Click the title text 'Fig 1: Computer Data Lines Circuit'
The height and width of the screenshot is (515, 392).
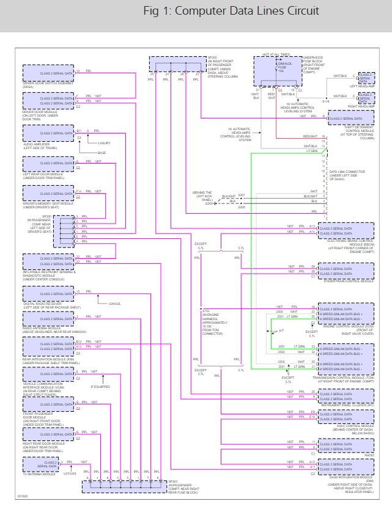click(x=231, y=12)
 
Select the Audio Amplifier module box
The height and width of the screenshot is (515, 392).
click(x=49, y=133)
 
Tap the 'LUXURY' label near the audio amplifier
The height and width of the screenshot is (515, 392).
click(x=105, y=143)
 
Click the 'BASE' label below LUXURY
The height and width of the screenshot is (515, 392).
click(x=102, y=153)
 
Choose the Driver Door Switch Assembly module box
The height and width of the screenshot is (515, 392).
click(x=49, y=73)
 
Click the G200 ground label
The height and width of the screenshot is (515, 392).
click(x=209, y=203)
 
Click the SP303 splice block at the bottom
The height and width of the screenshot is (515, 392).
click(x=122, y=486)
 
